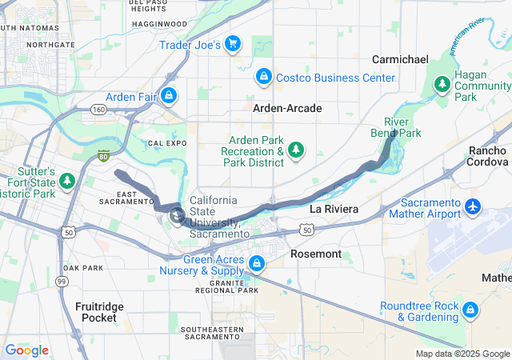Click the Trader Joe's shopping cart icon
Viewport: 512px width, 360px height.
coord(233,43)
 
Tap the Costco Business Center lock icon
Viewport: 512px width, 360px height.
coord(262,77)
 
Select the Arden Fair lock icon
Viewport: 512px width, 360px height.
coord(168,97)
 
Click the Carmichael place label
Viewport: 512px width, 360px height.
coord(401,59)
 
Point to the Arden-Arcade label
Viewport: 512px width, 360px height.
coord(287,108)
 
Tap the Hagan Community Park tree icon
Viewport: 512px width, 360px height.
coord(442,83)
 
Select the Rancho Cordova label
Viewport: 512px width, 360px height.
coord(487,157)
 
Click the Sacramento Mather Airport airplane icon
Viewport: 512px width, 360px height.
coord(472,207)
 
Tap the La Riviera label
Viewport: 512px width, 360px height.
coord(333,209)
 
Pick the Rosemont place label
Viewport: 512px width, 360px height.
coord(320,254)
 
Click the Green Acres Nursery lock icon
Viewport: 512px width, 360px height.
coord(257,262)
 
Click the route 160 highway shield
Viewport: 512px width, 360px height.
coord(98,109)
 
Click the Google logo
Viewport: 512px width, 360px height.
coord(27,350)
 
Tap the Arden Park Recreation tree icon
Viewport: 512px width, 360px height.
coord(297,149)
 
